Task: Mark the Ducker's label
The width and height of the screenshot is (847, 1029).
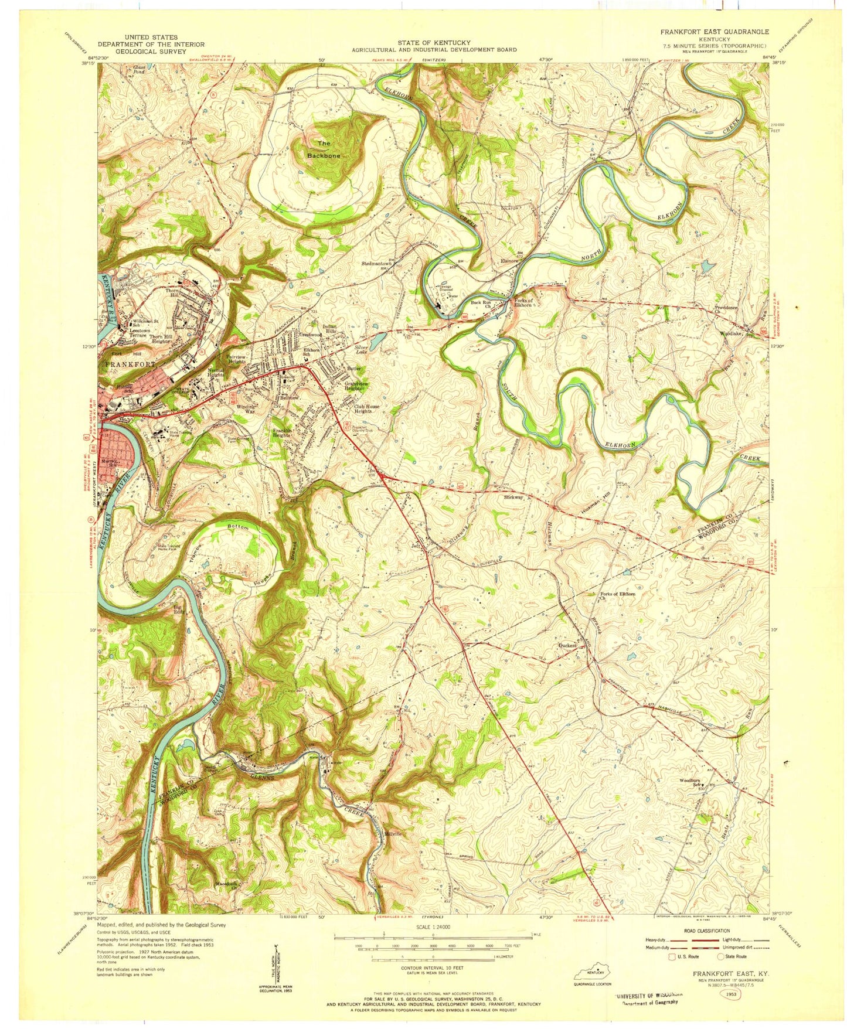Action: pyautogui.click(x=567, y=645)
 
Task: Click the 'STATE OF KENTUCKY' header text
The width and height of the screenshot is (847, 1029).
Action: pyautogui.click(x=434, y=43)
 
